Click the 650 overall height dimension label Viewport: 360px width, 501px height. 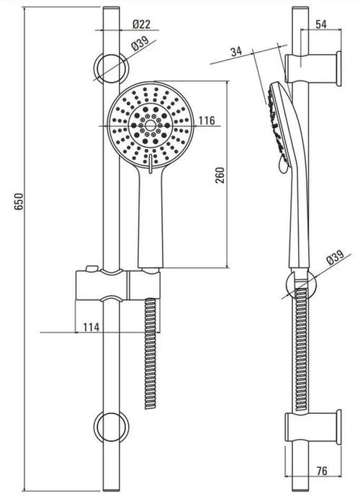click(19, 202)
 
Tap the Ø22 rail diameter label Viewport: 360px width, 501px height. click(141, 24)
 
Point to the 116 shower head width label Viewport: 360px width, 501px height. click(207, 120)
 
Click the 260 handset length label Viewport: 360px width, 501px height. click(220, 175)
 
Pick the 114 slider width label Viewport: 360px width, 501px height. click(91, 328)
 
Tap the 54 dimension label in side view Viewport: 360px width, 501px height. click(321, 24)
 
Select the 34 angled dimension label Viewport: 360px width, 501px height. click(237, 51)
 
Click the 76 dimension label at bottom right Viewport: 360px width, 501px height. click(322, 471)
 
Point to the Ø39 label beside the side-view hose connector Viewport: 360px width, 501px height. click(336, 257)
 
